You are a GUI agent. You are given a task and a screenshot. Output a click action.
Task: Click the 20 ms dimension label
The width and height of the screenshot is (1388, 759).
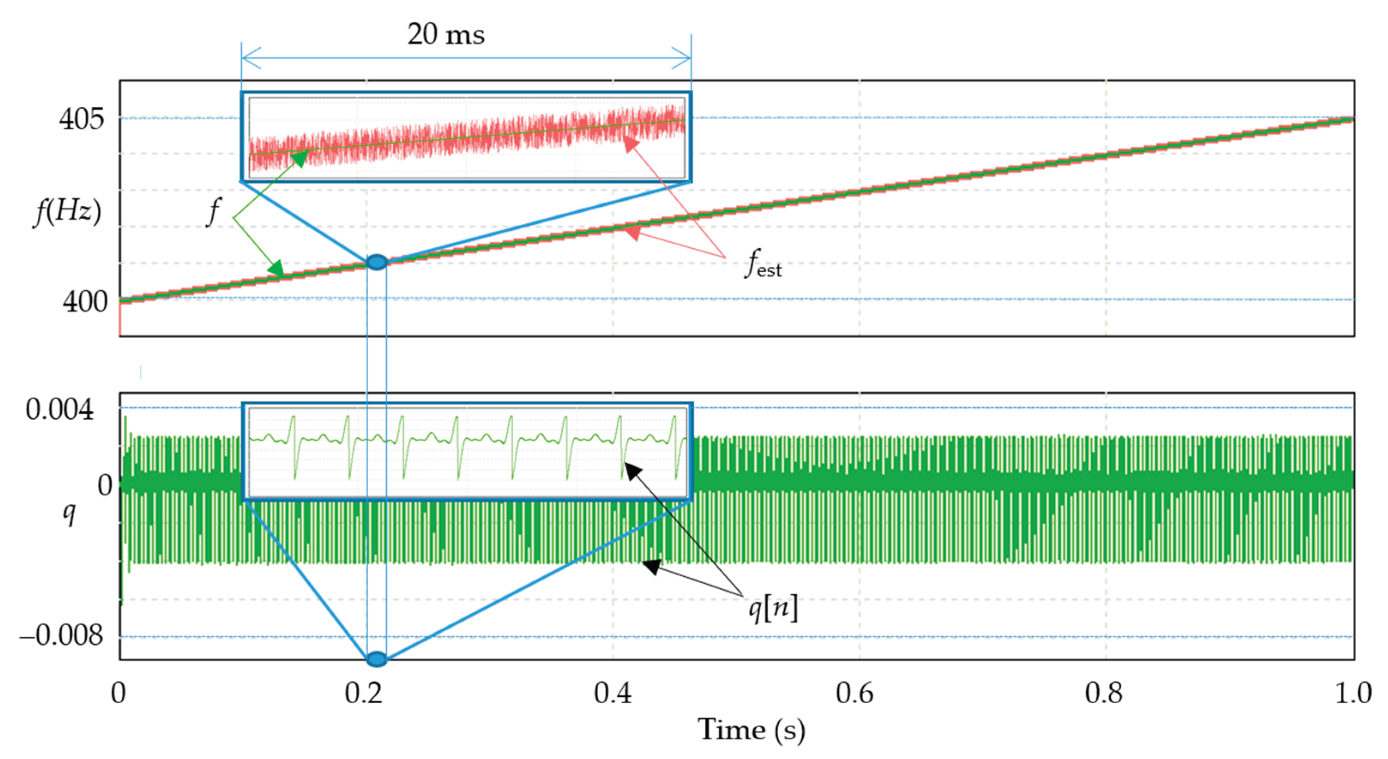click(x=446, y=34)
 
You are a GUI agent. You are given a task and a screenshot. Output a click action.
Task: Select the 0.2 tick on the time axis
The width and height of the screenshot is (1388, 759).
click(x=364, y=693)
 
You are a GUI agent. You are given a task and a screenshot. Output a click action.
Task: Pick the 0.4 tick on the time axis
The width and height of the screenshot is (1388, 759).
click(x=613, y=693)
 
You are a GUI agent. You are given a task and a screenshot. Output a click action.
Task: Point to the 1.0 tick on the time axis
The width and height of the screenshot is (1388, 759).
click(x=1353, y=693)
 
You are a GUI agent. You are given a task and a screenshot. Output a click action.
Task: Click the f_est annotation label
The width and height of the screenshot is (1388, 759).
click(x=763, y=264)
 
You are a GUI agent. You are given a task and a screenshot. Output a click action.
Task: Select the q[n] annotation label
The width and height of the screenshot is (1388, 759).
click(x=773, y=609)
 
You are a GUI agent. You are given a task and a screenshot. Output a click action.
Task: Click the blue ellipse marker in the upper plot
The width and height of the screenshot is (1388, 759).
click(x=376, y=262)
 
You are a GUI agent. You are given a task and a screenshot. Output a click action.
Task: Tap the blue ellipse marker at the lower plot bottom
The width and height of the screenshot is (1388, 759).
click(x=376, y=658)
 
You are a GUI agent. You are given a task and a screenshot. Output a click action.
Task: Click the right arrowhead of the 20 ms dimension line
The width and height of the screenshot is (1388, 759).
click(x=682, y=57)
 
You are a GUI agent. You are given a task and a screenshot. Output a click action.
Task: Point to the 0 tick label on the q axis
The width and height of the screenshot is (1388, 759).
click(x=105, y=485)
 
